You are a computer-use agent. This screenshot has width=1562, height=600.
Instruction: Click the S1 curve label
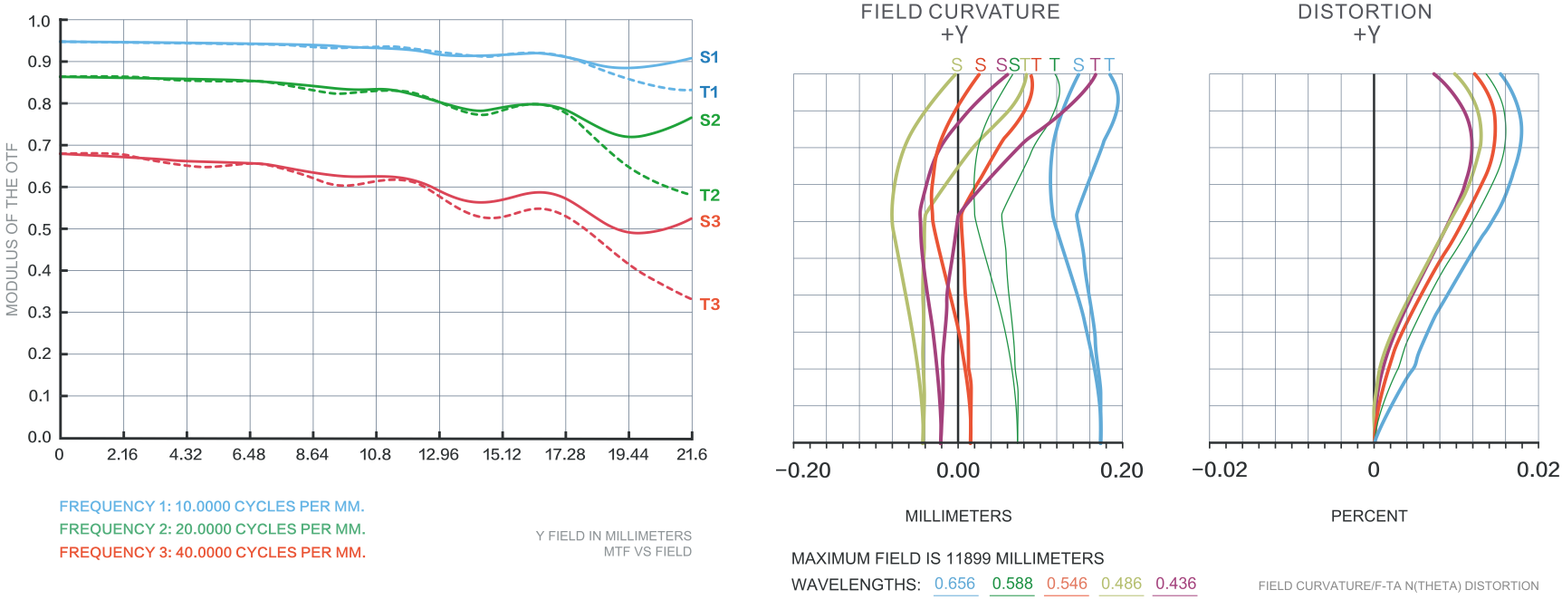pos(709,57)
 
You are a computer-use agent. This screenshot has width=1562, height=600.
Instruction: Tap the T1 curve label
pos(709,92)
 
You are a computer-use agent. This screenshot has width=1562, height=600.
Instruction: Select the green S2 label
pos(710,120)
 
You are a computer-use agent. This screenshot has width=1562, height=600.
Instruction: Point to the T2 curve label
pos(710,195)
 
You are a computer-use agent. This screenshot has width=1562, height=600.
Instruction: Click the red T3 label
pos(710,305)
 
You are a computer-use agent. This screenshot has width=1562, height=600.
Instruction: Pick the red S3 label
pos(710,221)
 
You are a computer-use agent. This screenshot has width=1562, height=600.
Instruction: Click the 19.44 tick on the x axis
pos(628,454)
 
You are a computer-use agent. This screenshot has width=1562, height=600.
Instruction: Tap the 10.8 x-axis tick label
pos(375,454)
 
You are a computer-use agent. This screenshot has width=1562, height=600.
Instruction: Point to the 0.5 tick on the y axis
pos(39,229)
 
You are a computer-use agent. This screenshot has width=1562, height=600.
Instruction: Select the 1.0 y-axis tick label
pos(39,21)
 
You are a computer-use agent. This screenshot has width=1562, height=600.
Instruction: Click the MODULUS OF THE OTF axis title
pos(12,229)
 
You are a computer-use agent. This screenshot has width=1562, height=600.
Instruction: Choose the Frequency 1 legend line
pos(212,507)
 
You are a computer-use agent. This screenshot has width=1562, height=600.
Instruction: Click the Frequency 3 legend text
pos(212,552)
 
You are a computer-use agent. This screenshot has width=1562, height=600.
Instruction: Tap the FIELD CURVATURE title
pos(960,12)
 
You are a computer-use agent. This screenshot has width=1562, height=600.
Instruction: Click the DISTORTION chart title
pos(1365,12)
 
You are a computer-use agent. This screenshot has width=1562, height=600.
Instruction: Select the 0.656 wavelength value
pos(954,584)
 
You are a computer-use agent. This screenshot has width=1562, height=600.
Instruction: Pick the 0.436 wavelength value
pos(1175,584)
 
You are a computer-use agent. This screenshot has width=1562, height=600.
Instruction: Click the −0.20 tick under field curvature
pos(802,470)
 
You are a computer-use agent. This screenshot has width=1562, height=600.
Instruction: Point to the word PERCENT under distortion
pos(1368,516)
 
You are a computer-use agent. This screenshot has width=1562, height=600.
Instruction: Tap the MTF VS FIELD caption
pos(647,551)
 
